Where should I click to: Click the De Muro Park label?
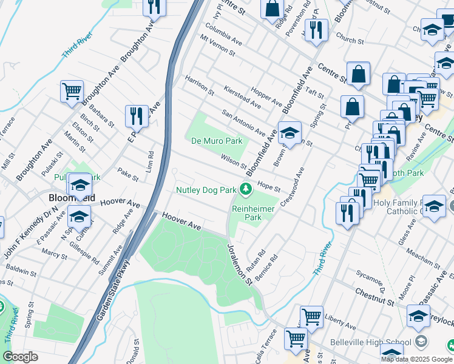(217, 141)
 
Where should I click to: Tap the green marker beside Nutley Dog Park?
(246, 190)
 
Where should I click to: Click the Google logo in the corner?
(20, 357)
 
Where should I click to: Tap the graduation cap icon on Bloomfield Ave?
(290, 132)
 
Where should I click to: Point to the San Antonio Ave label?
(243, 122)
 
